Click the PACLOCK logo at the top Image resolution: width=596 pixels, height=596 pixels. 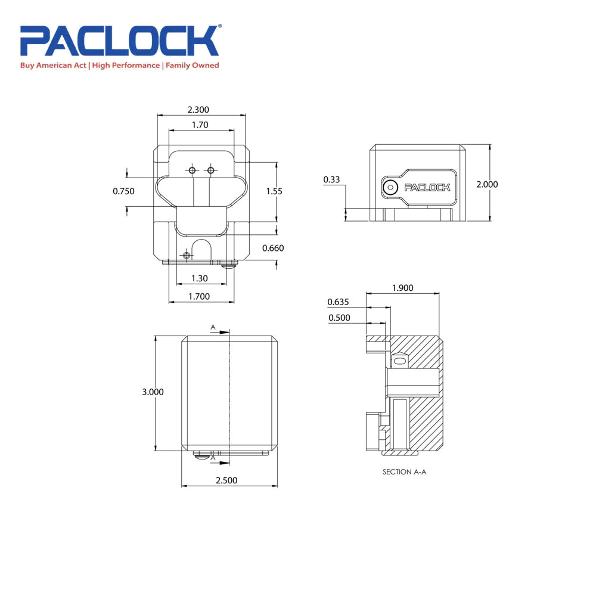click(120, 41)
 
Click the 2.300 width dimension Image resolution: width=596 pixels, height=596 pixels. click(198, 110)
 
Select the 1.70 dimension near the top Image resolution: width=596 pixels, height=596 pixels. click(200, 125)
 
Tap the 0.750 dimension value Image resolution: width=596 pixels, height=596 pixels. click(123, 191)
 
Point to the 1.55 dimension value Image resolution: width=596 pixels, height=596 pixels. click(275, 191)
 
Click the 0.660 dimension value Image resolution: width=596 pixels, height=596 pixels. click(273, 248)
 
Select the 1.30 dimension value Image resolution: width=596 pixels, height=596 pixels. click(199, 278)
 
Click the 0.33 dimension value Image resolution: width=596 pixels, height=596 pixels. click(331, 179)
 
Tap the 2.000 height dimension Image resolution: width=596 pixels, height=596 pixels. click(487, 184)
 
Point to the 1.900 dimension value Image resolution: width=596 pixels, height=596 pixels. click(402, 288)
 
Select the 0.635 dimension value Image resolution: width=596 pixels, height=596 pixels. click(338, 301)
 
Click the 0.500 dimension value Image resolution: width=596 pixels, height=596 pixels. click(339, 318)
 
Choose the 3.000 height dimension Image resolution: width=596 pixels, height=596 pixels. click(153, 392)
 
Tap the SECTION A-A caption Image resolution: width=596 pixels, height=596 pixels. click(405, 471)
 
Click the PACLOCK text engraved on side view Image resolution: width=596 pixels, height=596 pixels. click(427, 187)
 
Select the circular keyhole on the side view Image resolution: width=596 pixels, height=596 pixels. click(390, 187)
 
